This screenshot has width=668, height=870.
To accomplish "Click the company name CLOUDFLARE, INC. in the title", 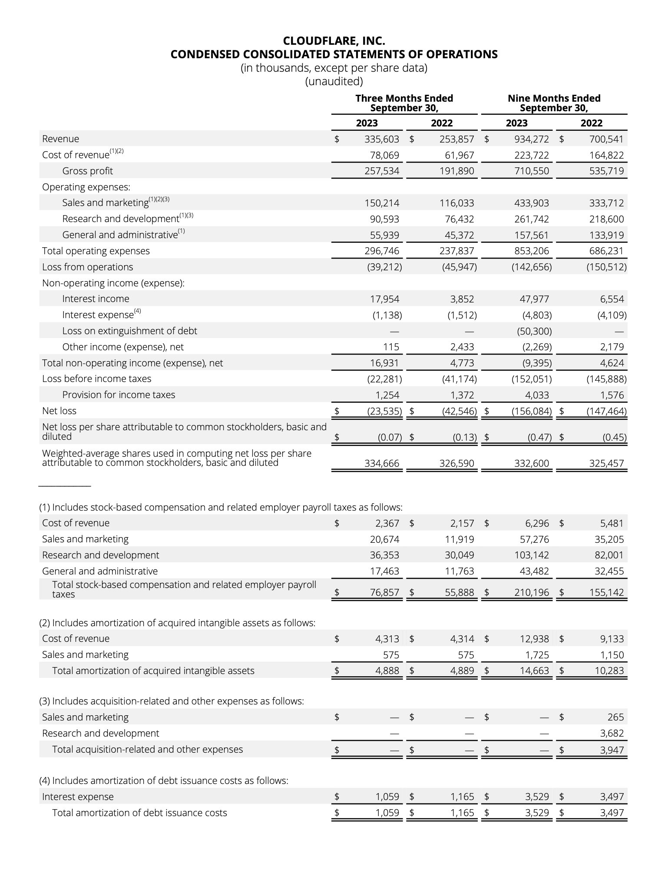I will click(x=334, y=41).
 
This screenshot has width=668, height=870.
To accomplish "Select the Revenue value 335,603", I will click(x=382, y=139).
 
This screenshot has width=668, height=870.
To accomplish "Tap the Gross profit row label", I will click(x=87, y=171).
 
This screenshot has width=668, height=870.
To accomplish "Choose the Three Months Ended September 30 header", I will click(x=404, y=103).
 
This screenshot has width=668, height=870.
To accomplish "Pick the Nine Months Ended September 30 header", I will click(x=554, y=103).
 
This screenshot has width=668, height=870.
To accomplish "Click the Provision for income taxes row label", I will click(x=119, y=395).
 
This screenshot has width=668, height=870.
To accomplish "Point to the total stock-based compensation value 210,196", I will click(x=532, y=592).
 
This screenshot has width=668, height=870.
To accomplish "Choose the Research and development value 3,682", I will click(x=612, y=734).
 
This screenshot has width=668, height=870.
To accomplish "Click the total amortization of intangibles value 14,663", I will click(x=534, y=671).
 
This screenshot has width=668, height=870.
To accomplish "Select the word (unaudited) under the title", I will click(x=334, y=81).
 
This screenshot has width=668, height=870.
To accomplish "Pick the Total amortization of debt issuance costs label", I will click(x=139, y=813).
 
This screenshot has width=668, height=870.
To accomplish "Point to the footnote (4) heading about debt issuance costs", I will click(x=164, y=780).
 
